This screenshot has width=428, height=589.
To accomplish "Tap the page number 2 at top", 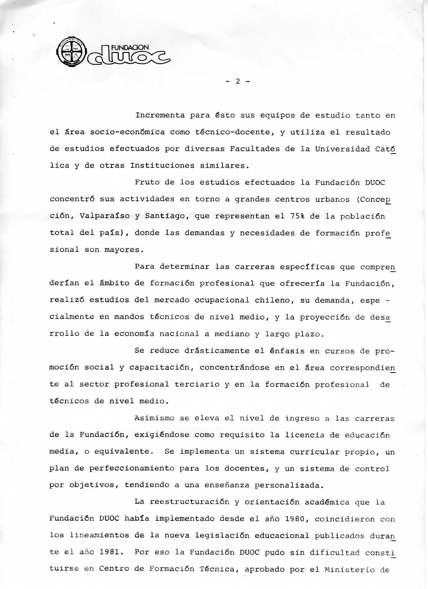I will [x=237, y=81].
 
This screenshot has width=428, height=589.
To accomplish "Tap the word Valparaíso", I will [x=104, y=216].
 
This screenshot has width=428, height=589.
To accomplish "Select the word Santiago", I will [x=165, y=216].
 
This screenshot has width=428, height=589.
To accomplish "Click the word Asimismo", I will [x=154, y=418].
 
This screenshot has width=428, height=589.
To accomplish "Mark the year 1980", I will [x=294, y=519].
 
